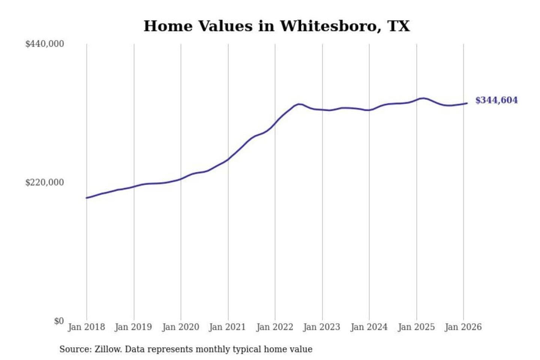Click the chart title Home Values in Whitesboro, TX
point(277,26)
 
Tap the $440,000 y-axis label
point(45,44)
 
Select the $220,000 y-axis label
point(45,183)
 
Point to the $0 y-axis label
point(59,321)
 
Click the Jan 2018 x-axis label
point(86,327)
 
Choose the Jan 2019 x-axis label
point(133,327)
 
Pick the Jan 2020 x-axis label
point(180,327)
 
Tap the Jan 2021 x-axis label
point(227,327)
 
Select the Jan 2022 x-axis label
point(274,327)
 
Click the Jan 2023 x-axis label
point(322,327)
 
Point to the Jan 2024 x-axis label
point(369,327)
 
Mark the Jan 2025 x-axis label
point(416,327)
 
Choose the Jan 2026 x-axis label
point(463,327)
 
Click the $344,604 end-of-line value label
point(496,100)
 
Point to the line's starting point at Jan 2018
point(87,198)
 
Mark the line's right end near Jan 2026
point(466,103)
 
